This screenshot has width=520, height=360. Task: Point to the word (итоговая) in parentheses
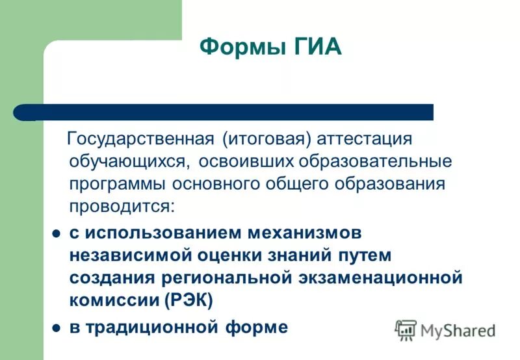264,139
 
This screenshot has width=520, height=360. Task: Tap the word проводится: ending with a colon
122,207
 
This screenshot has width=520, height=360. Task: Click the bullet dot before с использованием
56,233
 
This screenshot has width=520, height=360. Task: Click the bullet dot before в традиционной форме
56,328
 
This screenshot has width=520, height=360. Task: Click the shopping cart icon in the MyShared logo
406,330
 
